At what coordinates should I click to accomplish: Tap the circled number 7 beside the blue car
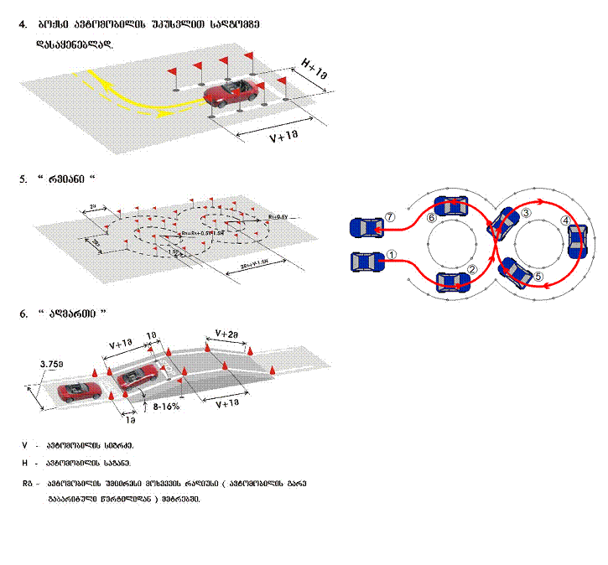pyautogui.click(x=388, y=216)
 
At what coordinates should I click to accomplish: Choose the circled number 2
pyautogui.click(x=472, y=269)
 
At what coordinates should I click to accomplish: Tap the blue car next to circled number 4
pyautogui.click(x=575, y=241)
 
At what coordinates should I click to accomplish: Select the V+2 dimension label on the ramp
pyautogui.click(x=230, y=333)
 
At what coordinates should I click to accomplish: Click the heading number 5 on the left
pyautogui.click(x=23, y=179)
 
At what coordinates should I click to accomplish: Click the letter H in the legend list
pyautogui.click(x=25, y=463)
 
